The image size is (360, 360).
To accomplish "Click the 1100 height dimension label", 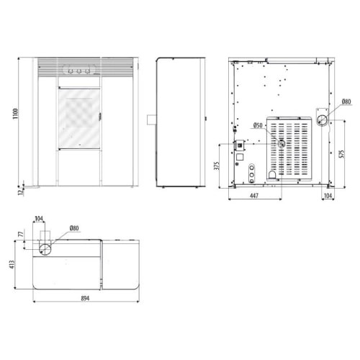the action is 15,114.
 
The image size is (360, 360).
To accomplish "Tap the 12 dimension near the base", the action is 21,192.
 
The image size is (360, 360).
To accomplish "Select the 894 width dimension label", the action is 85,298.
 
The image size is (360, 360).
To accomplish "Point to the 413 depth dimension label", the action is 12,264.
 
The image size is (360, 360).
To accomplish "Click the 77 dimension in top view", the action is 22,234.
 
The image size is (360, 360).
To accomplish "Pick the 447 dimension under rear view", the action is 254,196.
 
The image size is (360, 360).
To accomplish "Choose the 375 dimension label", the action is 217,166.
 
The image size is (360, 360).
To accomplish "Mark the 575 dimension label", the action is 342,154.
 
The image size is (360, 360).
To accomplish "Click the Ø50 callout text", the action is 258,125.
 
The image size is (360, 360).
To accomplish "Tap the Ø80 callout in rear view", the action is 346,102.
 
